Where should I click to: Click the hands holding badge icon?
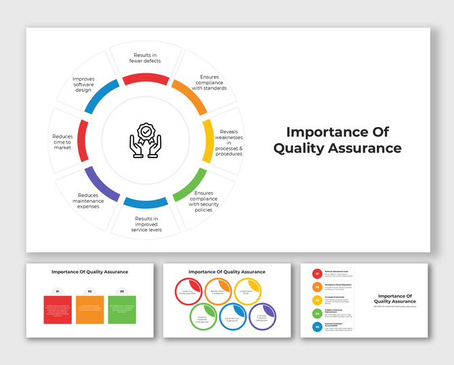tap(146, 140)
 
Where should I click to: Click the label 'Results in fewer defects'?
tap(146, 58)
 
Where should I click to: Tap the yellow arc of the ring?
tap(207, 140)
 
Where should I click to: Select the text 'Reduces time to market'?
tap(62, 141)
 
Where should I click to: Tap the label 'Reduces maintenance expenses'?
tap(88, 200)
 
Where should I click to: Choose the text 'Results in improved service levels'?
tap(146, 224)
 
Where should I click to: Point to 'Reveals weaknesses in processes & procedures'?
tap(228, 142)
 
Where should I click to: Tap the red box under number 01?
tap(58, 309)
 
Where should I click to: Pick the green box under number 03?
tap(122, 309)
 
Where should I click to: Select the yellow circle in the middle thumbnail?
tap(248, 291)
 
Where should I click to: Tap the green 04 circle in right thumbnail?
tap(316, 313)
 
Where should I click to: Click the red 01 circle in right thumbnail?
tap(316, 273)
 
